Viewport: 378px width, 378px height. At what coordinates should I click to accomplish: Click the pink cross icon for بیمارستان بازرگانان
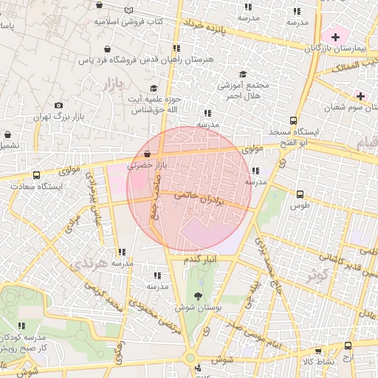point(336,36)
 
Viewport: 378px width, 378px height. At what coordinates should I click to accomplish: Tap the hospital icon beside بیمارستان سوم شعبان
point(360,96)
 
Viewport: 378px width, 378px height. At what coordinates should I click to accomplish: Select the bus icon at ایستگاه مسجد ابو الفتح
point(293,120)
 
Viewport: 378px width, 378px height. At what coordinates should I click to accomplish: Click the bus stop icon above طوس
point(299,194)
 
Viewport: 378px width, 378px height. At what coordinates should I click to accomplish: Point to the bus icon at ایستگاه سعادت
point(37,176)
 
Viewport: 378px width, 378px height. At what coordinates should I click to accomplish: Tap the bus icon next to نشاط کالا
point(318,352)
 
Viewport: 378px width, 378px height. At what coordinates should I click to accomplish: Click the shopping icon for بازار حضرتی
point(150,154)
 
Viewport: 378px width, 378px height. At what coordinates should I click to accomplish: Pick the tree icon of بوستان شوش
point(195,295)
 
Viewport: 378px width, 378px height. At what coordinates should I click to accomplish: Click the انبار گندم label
point(202,261)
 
